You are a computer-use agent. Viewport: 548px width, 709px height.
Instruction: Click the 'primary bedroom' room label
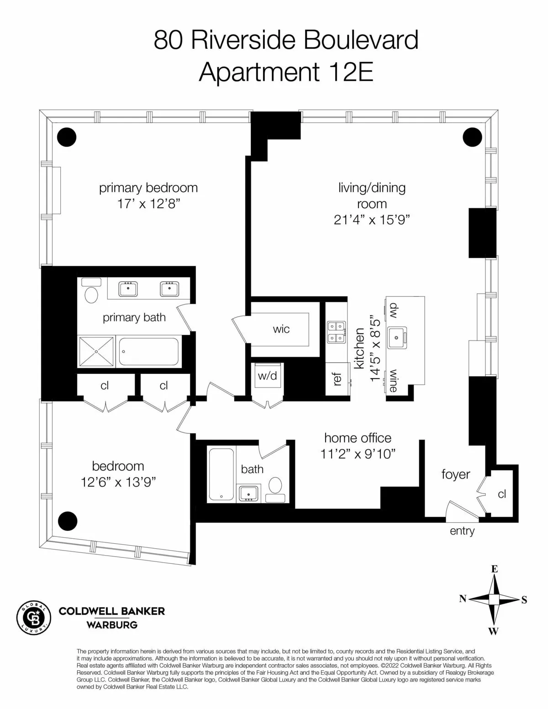[148, 188]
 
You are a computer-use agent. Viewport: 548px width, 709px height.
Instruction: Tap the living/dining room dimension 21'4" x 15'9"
[371, 220]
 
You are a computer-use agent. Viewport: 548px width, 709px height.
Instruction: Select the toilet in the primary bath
[92, 294]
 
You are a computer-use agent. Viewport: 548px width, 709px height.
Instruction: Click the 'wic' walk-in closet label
[281, 329]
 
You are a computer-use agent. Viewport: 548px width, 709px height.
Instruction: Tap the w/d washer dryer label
[267, 376]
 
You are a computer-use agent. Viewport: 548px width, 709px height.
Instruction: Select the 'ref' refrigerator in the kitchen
[337, 379]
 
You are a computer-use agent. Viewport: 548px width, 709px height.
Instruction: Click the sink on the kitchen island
[397, 338]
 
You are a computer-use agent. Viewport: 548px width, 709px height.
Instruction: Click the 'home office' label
[358, 438]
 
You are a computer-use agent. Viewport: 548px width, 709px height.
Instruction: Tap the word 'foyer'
[455, 474]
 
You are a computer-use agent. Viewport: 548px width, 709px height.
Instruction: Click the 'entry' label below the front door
[462, 531]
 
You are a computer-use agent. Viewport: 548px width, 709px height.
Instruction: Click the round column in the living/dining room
[472, 137]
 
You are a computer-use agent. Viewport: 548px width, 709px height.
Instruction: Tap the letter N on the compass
[462, 599]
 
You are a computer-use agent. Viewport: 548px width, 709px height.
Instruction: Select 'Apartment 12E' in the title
[286, 72]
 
